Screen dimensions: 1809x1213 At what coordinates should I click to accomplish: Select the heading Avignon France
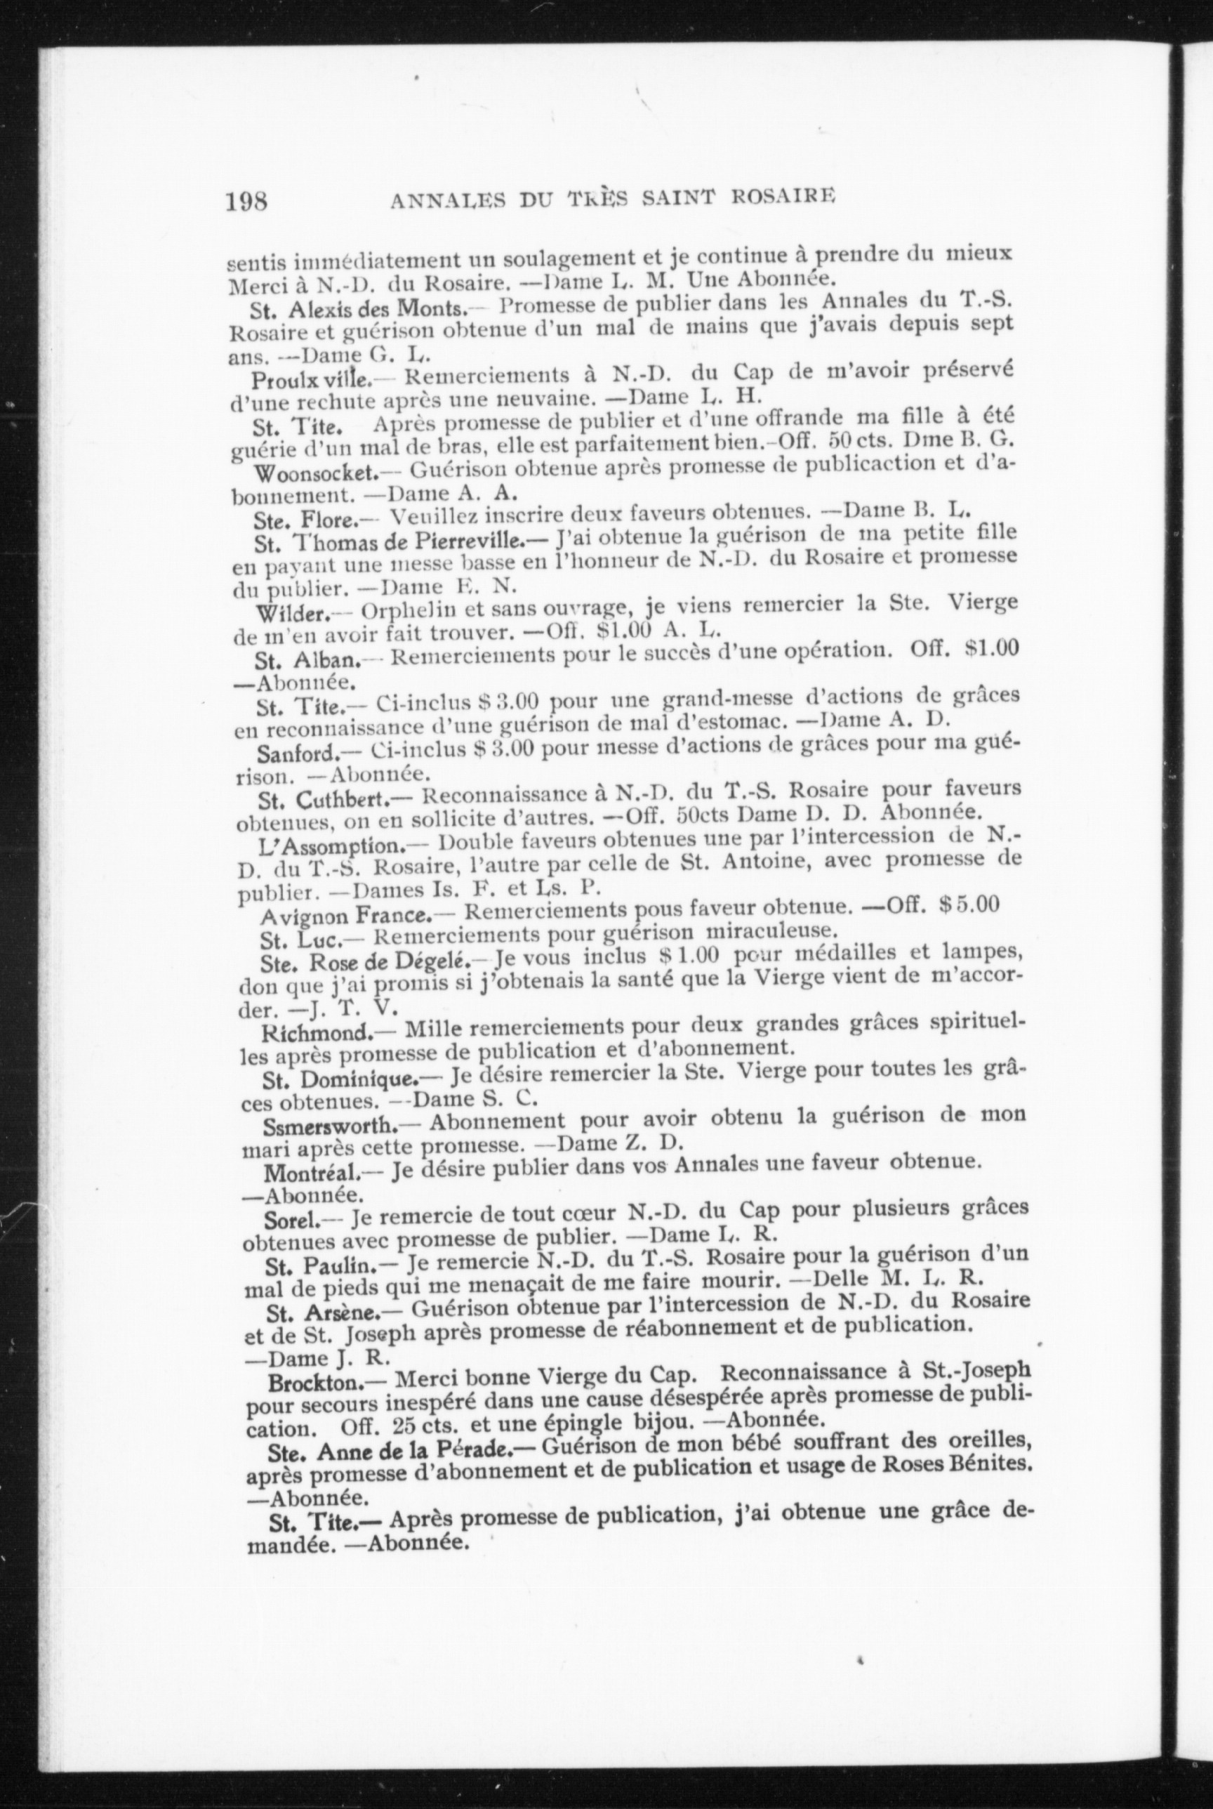pyautogui.click(x=345, y=917)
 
